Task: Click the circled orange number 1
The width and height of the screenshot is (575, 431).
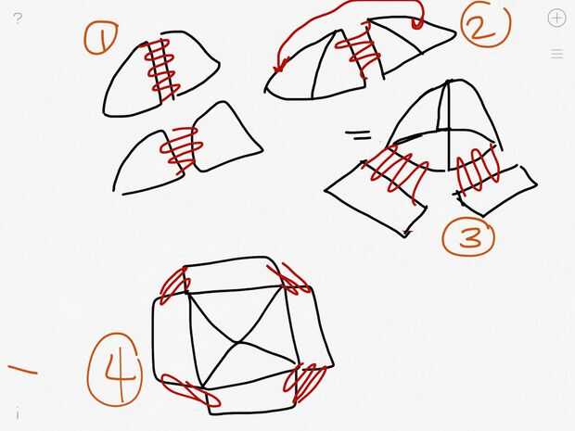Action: click(x=101, y=38)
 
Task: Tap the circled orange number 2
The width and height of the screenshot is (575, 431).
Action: click(x=485, y=24)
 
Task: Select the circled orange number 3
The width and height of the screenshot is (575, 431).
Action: click(x=469, y=236)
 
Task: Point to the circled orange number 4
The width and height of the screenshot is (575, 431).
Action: click(x=115, y=370)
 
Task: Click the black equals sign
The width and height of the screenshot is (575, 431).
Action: click(x=358, y=135)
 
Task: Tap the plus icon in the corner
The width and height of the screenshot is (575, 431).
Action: click(x=556, y=18)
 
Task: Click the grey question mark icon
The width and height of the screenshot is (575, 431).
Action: click(x=18, y=18)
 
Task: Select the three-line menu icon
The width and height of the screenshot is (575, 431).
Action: click(x=556, y=54)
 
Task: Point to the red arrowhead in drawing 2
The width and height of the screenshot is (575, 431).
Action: click(x=280, y=66)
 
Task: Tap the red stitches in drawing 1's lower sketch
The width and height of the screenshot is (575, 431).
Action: click(x=181, y=147)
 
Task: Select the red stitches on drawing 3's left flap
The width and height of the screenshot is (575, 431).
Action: click(x=396, y=171)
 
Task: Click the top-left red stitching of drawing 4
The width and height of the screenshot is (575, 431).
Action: click(x=175, y=285)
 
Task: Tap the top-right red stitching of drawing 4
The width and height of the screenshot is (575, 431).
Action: click(x=289, y=278)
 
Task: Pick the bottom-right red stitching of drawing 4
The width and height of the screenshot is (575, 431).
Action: click(x=305, y=383)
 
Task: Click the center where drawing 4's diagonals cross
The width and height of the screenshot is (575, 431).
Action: click(x=238, y=343)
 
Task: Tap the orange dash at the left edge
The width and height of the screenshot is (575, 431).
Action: click(x=23, y=370)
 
